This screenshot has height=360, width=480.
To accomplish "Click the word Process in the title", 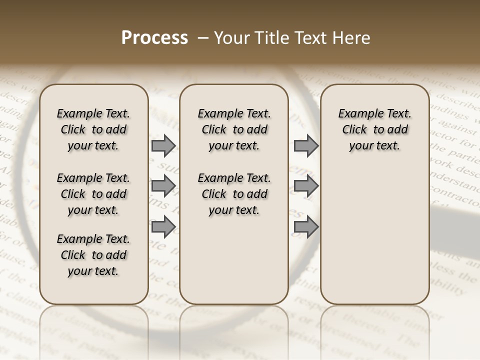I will point(154,38).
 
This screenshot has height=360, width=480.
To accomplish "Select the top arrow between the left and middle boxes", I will point(163,145).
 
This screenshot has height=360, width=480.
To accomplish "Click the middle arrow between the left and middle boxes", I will point(163,186).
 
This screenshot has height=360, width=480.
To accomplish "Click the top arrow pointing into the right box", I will point(306,145).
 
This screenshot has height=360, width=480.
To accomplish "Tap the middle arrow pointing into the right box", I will point(306,186).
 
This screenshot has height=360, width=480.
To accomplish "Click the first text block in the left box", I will point(93,129).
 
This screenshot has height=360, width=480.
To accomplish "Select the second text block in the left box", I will point(93,194).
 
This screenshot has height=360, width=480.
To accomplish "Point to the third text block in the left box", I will point(93,255).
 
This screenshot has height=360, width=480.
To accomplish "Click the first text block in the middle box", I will point(234,129).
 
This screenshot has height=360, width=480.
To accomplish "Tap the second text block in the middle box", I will point(234,194).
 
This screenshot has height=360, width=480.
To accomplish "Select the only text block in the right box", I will point(374,129).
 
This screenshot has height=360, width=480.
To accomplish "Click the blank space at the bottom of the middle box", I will point(234,265).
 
